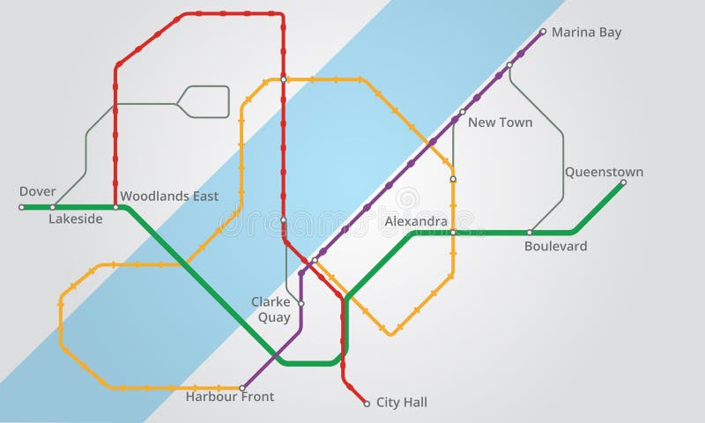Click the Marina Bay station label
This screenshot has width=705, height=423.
pyautogui.click(x=586, y=33)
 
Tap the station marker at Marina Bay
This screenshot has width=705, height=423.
pyautogui.click(x=543, y=32)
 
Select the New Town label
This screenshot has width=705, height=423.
pyautogui.click(x=500, y=122)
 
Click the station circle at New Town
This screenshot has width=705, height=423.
pyautogui.click(x=462, y=112)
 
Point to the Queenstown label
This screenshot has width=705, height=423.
pyautogui.click(x=604, y=172)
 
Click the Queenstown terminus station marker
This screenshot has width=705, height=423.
pyautogui.click(x=623, y=183)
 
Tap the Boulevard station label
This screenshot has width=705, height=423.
pyautogui.click(x=555, y=246)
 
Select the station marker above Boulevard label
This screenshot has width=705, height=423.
pyautogui.click(x=530, y=233)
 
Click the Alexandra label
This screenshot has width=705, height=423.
pyautogui.click(x=416, y=222)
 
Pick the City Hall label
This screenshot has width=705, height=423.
pyautogui.click(x=402, y=403)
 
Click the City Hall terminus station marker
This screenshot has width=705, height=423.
pyautogui.click(x=367, y=404)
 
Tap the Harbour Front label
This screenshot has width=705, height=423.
pyautogui.click(x=229, y=397)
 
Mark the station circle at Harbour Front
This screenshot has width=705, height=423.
pyautogui.click(x=242, y=388)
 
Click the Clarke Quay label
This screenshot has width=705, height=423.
pyautogui.click(x=271, y=309)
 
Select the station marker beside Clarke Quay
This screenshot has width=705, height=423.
pyautogui.click(x=301, y=303)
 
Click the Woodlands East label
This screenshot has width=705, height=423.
pyautogui.click(x=169, y=196)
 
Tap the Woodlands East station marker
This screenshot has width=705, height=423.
pyautogui.click(x=115, y=207)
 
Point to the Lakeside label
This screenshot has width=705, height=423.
pyautogui.click(x=76, y=219)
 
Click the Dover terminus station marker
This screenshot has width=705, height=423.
pyautogui.click(x=22, y=207)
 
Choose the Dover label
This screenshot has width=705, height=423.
pyautogui.click(x=37, y=191)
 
